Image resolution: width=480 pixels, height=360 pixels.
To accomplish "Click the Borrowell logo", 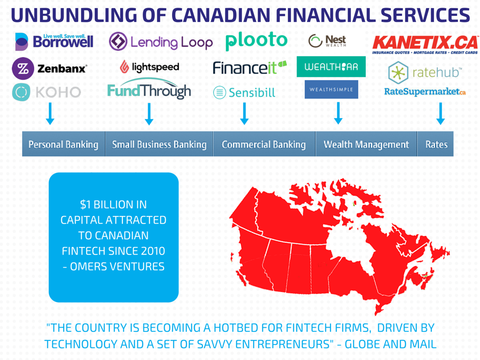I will click(54, 41).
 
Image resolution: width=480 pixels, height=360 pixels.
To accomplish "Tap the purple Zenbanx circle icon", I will click(22, 68).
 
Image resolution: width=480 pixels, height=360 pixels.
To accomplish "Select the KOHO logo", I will click(46, 92).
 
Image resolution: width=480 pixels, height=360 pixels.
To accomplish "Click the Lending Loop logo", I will click(160, 42).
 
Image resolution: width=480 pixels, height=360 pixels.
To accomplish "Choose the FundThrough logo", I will click(149, 90).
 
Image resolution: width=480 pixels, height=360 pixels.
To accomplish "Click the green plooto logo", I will click(256, 41).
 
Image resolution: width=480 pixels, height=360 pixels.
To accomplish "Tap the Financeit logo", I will click(249, 67).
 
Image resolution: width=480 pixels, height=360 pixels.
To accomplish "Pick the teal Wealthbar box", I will click(331, 67).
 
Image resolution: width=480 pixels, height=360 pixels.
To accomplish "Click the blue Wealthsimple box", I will click(331, 89).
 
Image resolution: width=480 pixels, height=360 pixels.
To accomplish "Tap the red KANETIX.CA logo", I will click(425, 45).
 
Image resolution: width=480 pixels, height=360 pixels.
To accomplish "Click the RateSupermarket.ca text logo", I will click(425, 92).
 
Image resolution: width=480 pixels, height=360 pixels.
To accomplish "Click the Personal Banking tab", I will click(63, 144).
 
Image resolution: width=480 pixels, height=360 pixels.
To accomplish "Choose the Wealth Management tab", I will click(366, 144).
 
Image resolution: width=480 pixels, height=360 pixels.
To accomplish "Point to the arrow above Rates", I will click(440, 113).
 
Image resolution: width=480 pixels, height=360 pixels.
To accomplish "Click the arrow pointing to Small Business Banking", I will click(149, 114).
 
